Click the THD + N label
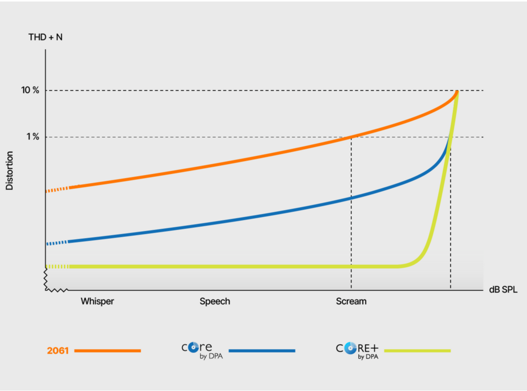[x=46, y=37]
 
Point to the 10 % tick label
[x=30, y=90]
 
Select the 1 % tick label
[x=32, y=137]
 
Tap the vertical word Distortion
[x=9, y=171]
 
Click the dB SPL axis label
[x=503, y=290]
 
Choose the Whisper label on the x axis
[x=97, y=301]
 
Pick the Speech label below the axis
[x=215, y=301]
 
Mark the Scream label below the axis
[x=351, y=301]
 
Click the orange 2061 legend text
[x=58, y=351]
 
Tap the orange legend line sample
[x=108, y=351]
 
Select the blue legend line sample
[x=262, y=351]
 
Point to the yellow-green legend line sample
[x=417, y=351]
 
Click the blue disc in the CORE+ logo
[x=350, y=348]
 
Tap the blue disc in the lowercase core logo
[x=193, y=347]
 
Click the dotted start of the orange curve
[x=57, y=189]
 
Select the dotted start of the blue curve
[x=57, y=243]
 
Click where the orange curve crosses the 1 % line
[x=351, y=137]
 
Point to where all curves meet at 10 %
[x=457, y=91]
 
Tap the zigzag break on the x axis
[x=57, y=290]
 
